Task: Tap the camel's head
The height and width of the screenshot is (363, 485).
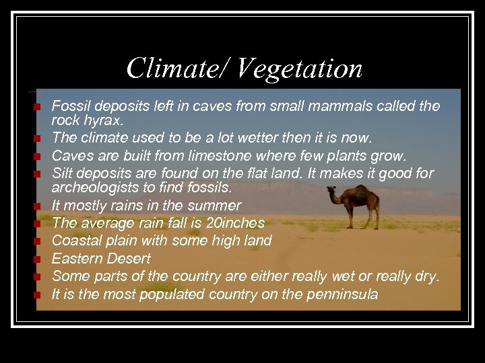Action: [332, 191]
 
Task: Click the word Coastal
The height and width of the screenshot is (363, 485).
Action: [76, 240]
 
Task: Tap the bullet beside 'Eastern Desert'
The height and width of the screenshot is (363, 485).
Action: [40, 259]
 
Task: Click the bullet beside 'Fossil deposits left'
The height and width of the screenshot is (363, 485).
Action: [40, 107]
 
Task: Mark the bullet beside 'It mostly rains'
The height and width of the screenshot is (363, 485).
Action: [40, 206]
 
